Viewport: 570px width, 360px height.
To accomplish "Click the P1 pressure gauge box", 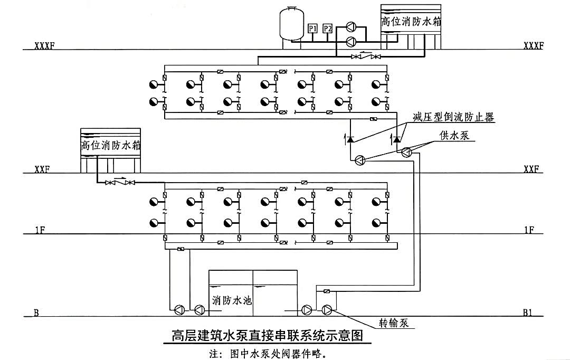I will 312,29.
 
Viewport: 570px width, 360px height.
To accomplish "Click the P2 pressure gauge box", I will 327,29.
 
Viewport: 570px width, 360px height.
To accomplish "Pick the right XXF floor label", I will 531,169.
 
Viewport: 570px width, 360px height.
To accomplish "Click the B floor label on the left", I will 36,313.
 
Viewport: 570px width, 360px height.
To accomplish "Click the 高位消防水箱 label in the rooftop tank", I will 411,22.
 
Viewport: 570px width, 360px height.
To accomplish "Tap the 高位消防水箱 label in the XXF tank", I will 110,145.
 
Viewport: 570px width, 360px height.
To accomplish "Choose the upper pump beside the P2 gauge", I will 351,27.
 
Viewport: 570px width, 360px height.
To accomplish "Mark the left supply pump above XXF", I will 359,161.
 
